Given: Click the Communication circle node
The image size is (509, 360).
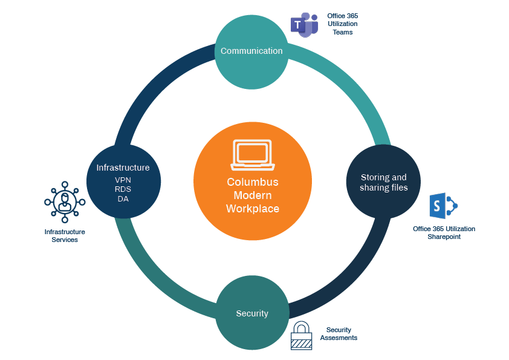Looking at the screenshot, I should [251, 51].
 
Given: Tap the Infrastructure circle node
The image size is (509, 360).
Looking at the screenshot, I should [123, 182].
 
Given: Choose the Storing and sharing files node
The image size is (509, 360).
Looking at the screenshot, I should [383, 182].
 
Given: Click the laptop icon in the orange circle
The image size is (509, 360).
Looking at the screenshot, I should [253, 155].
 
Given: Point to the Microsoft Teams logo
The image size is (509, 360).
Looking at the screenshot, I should [304, 25].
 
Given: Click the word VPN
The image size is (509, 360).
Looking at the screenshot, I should [123, 180].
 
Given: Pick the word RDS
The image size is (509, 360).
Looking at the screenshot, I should [123, 189].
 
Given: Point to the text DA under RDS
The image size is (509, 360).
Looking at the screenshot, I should [123, 198].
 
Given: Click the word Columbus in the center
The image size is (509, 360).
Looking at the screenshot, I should [253, 182].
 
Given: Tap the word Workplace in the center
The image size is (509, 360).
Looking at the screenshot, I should [253, 209].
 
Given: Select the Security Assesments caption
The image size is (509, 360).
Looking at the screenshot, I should [339, 334].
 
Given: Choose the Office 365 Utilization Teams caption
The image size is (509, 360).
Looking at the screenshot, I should [342, 24].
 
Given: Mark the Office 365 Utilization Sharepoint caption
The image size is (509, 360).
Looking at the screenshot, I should [444, 233].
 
